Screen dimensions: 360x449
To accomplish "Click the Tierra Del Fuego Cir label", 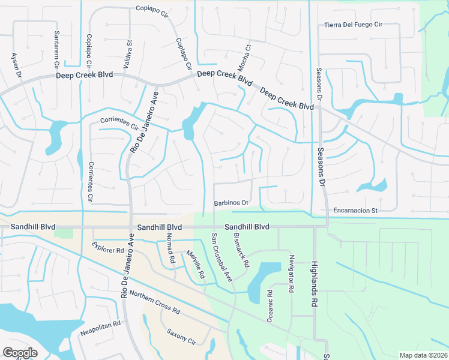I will click(x=361, y=25).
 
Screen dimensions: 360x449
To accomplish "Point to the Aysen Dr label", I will click(x=16, y=65).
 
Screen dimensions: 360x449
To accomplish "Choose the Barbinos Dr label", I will click(x=231, y=203).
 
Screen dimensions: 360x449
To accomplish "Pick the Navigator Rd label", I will click(x=291, y=272).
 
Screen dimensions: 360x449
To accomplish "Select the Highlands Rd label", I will click(x=313, y=284).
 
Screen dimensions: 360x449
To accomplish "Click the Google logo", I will click(x=20, y=352).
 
